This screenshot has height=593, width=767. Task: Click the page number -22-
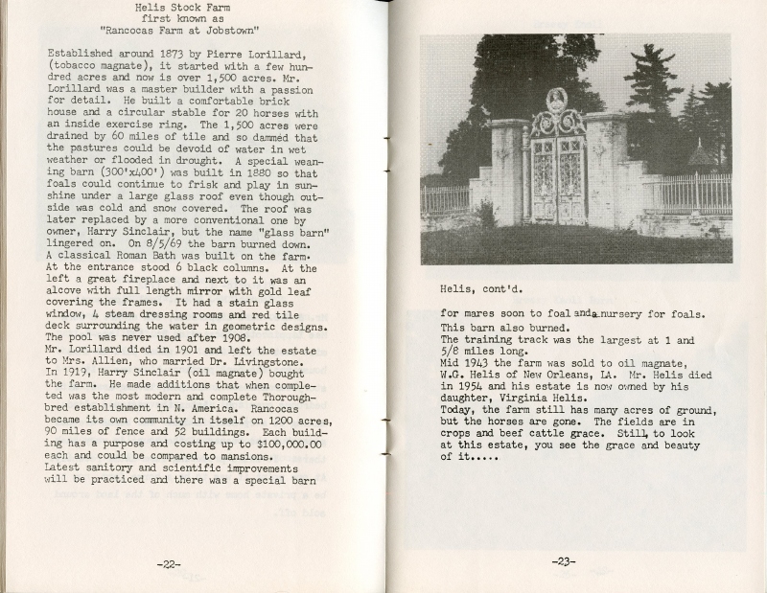(170, 563)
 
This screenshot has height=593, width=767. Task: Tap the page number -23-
(564, 561)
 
